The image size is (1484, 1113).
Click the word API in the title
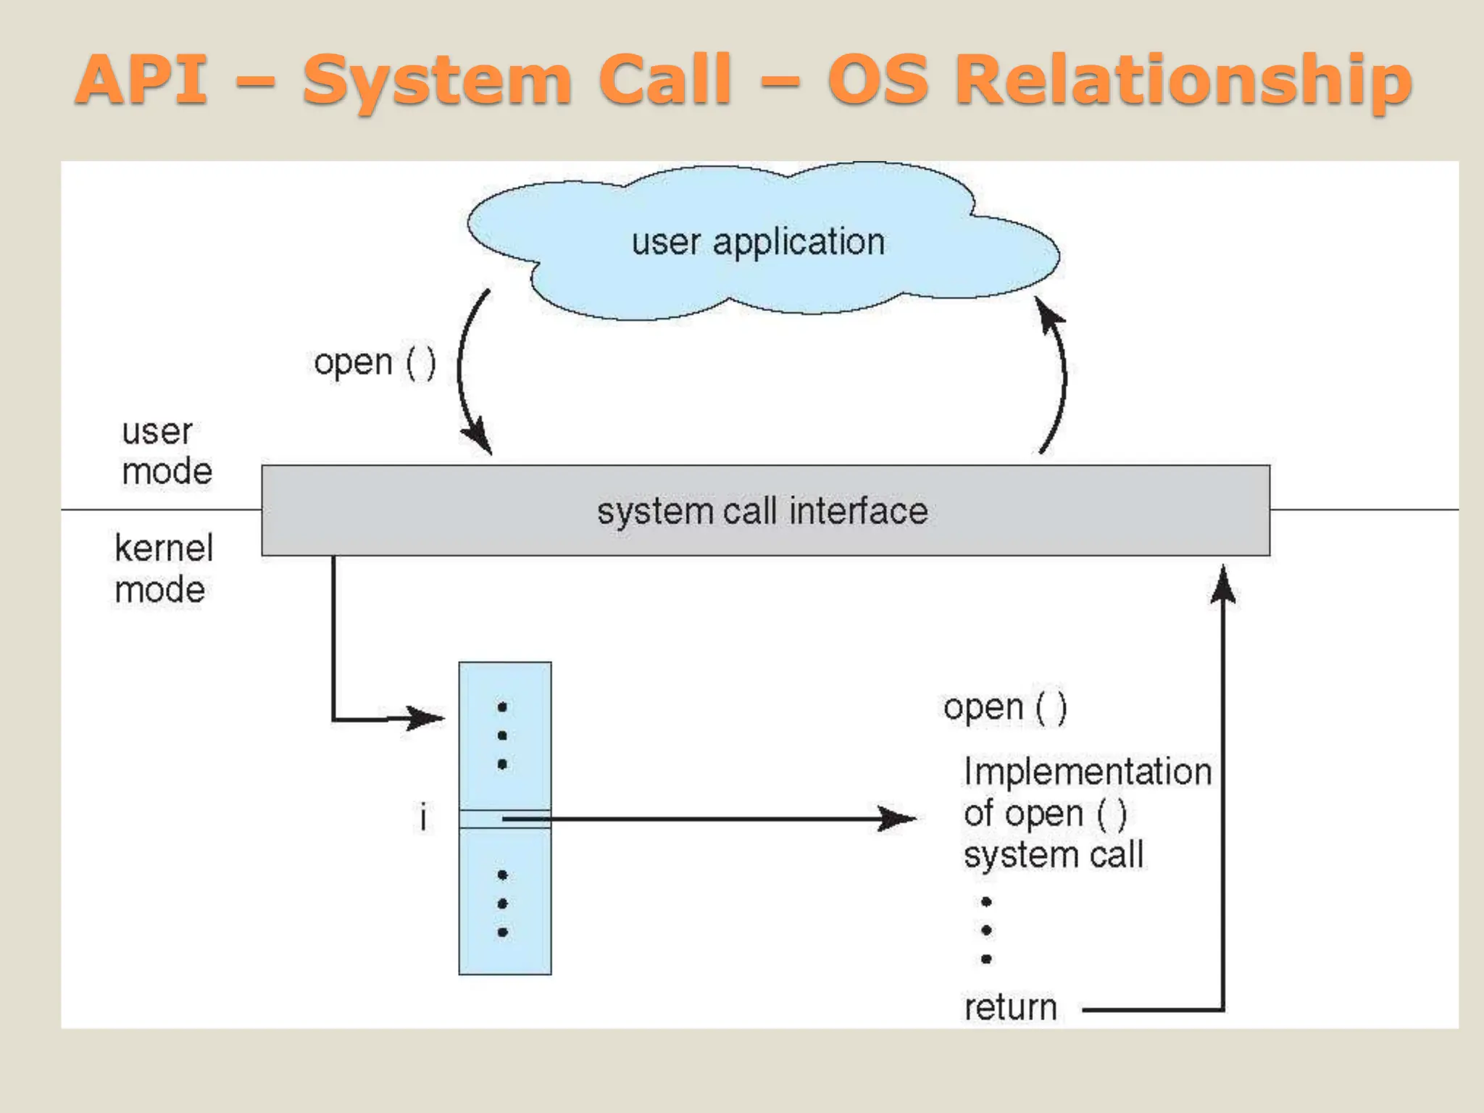tap(143, 80)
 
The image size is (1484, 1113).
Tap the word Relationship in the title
tap(1183, 81)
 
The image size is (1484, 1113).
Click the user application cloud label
tap(758, 242)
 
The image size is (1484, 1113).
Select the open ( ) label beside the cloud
tap(375, 362)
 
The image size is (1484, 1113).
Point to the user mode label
tap(166, 451)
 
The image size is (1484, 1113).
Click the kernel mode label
tap(163, 569)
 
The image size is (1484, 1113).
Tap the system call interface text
tap(762, 512)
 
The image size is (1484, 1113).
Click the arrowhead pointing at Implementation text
tap(899, 819)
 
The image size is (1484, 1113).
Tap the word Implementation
tap(1087, 772)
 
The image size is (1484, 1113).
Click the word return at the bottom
tap(1010, 1008)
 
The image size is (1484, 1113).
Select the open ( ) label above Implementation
tap(1004, 708)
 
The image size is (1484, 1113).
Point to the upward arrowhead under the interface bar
tap(1223, 585)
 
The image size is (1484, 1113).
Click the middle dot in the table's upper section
tap(502, 735)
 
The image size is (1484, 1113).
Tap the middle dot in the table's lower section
tap(502, 904)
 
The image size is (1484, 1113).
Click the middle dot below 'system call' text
tap(986, 930)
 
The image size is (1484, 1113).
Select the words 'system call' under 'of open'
tap(1054, 855)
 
